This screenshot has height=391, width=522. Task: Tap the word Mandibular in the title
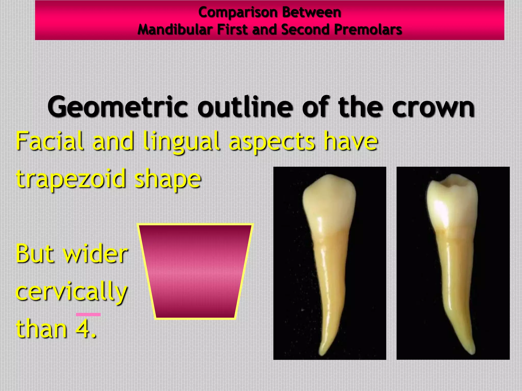pos(175,30)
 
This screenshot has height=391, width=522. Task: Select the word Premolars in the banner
pos(368,30)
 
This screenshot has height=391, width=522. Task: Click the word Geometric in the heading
pos(118,107)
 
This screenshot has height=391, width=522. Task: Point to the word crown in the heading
pos(433,107)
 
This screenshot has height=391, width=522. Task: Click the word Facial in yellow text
pos(50,141)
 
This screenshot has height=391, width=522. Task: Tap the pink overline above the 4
pos(88,315)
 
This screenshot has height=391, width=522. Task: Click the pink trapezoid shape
pos(195,271)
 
